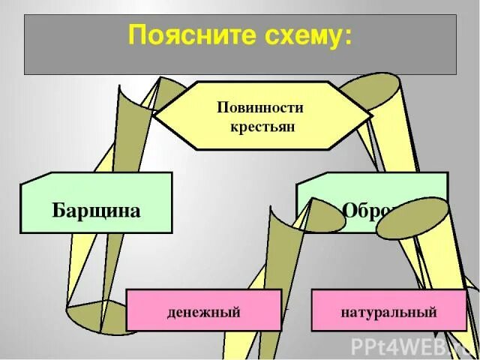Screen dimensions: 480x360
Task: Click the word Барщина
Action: coord(96,210)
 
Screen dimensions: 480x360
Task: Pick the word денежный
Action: coord(204,312)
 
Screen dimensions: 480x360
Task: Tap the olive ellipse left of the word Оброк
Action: coord(323,216)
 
